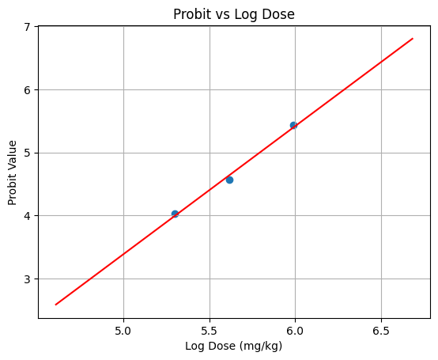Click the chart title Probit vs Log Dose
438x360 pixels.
pyautogui.click(x=233, y=13)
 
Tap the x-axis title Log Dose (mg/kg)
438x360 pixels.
pyautogui.click(x=233, y=346)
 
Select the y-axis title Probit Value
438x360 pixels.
pyautogui.click(x=13, y=172)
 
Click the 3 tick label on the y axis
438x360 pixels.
pyautogui.click(x=28, y=279)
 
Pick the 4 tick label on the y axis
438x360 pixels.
pyautogui.click(x=28, y=216)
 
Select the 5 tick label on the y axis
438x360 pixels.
pyautogui.click(x=28, y=153)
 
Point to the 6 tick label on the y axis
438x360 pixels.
pyautogui.click(x=28, y=90)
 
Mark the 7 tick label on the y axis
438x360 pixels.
pyautogui.click(x=28, y=27)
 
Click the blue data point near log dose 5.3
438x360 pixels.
pyautogui.click(x=175, y=214)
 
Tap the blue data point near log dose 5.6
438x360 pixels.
pyautogui.click(x=229, y=180)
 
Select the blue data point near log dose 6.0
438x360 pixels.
pyautogui.click(x=293, y=125)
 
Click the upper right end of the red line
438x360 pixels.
pyautogui.click(x=412, y=38)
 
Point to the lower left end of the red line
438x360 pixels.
pyautogui.click(x=55, y=304)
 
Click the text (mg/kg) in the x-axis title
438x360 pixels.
pyautogui.click(x=261, y=346)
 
